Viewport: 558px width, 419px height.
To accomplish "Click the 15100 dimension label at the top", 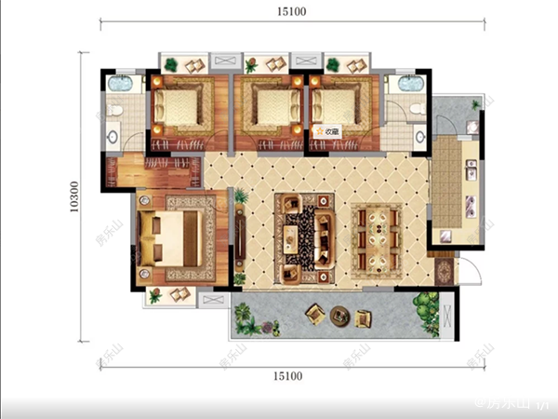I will (291, 12).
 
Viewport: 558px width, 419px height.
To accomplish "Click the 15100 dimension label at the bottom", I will (291, 376).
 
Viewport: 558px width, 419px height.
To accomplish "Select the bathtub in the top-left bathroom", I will (121, 85).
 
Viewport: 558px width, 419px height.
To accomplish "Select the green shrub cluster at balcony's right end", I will (427, 308).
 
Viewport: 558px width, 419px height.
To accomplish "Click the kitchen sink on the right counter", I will (471, 170).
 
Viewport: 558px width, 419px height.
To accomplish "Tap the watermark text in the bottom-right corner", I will (514, 404).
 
